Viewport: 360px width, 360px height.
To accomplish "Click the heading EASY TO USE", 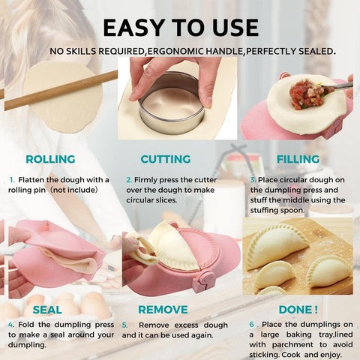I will pos(180,27).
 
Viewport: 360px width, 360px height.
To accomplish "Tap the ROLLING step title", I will pos(50,159).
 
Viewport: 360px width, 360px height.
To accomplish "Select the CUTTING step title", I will pos(166,159).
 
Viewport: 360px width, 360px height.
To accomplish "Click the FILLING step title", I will pos(298,159).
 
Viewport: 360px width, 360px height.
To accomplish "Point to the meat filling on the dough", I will pos(308,94).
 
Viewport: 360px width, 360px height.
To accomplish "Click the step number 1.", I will pos(12,180).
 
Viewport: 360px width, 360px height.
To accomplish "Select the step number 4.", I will pos(11,325).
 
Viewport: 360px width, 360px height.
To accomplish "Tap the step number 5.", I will pos(126,325).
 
